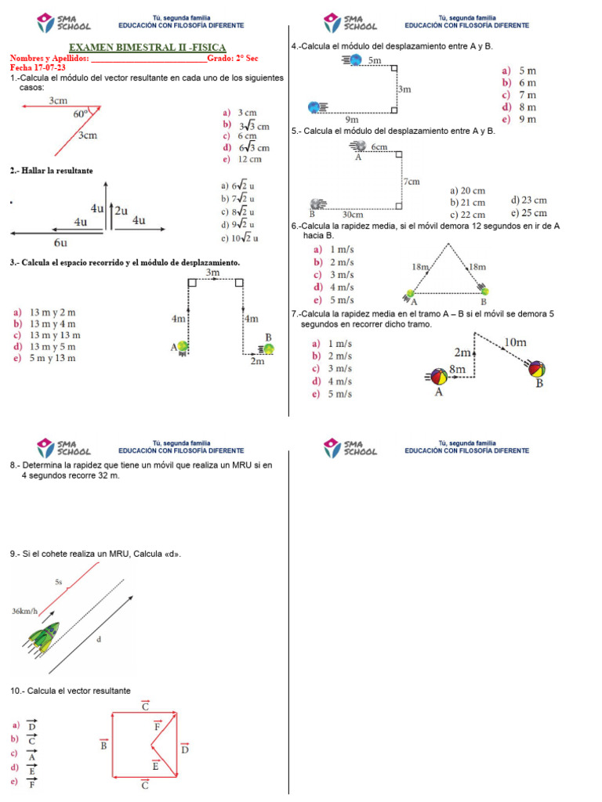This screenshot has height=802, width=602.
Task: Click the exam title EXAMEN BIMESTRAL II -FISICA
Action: (147, 49)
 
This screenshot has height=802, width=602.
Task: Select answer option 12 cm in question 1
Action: (249, 159)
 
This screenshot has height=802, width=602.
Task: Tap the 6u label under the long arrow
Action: (60, 243)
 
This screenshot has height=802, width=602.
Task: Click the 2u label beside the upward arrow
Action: (121, 211)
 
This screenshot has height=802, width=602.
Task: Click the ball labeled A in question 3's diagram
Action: (183, 346)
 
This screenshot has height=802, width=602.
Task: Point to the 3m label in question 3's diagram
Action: (213, 273)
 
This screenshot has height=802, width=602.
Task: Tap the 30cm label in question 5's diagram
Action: (352, 214)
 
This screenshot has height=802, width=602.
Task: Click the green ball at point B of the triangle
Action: (485, 291)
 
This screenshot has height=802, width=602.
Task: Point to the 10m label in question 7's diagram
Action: (515, 341)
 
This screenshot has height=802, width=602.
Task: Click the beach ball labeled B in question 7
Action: (538, 369)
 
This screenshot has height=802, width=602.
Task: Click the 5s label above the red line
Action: (59, 582)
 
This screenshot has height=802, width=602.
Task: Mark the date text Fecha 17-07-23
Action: (38, 67)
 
